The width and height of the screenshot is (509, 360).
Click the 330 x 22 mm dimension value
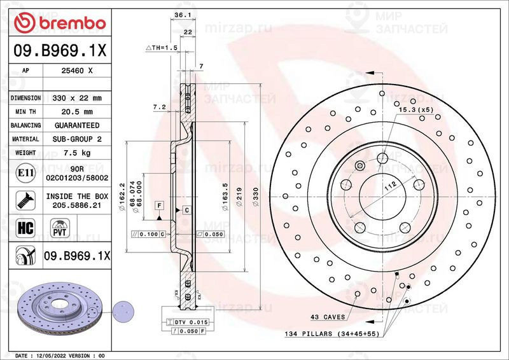click(x=76, y=99)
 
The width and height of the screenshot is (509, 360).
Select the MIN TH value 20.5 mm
click(x=76, y=112)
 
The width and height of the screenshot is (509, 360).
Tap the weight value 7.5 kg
click(x=76, y=153)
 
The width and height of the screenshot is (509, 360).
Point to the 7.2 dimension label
click(x=159, y=108)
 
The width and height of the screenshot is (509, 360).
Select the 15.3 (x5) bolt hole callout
click(x=416, y=111)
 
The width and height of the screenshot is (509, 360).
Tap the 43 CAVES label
click(x=328, y=317)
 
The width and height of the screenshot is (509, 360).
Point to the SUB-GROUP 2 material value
click(x=76, y=139)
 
